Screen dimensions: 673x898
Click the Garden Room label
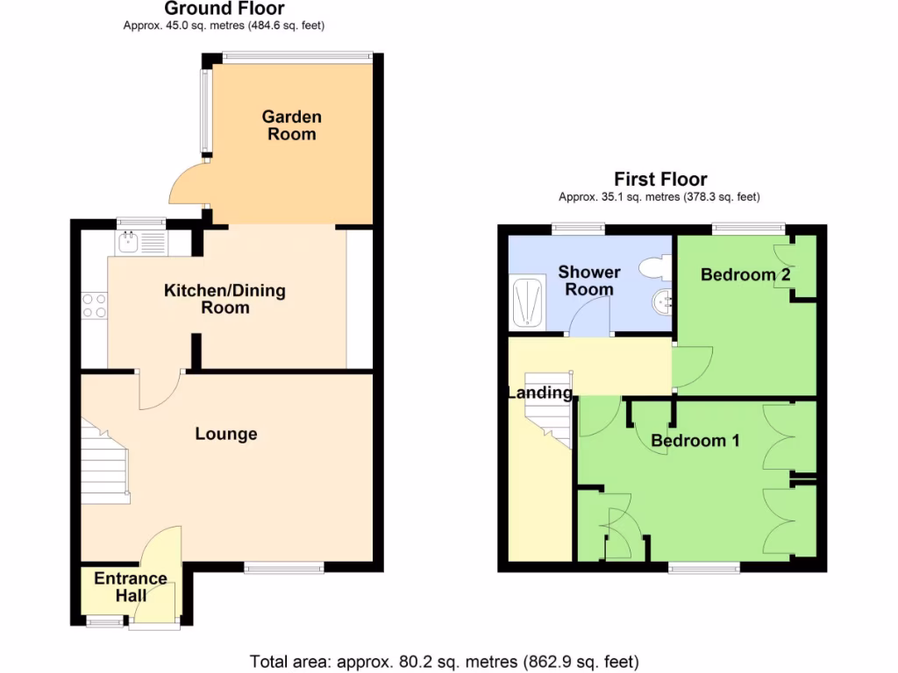click(x=291, y=125)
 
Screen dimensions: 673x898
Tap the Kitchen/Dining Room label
click(x=225, y=299)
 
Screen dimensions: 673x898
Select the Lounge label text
click(x=226, y=434)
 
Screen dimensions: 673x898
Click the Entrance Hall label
click(x=131, y=587)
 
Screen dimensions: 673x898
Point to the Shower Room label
click(x=588, y=280)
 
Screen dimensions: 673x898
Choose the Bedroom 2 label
click(x=745, y=274)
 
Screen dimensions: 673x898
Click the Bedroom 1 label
click(x=695, y=441)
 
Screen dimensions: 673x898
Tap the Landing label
click(x=539, y=393)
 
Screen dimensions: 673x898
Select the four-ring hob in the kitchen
click(x=95, y=305)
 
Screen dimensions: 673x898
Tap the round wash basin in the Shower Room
click(x=662, y=302)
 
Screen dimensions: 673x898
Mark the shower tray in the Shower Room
click(x=527, y=304)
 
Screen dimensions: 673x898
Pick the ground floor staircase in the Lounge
click(x=105, y=461)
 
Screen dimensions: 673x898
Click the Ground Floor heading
click(x=224, y=10)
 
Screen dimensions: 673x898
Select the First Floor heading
click(x=660, y=180)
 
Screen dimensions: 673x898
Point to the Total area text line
click(x=445, y=661)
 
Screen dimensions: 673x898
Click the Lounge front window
click(x=284, y=568)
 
